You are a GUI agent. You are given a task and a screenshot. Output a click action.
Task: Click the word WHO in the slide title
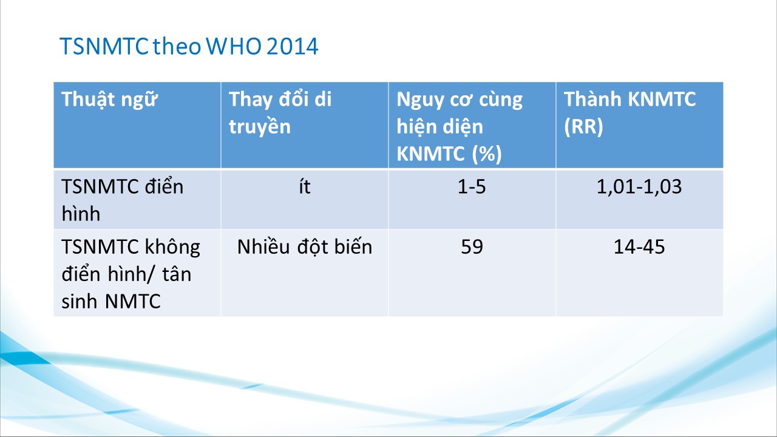tap(234, 46)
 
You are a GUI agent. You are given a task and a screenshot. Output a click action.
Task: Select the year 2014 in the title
tap(292, 46)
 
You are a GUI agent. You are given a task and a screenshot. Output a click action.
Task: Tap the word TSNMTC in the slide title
tap(104, 46)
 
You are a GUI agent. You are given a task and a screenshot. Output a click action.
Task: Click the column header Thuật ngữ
tap(110, 100)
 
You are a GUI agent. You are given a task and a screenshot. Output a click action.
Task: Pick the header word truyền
tap(259, 126)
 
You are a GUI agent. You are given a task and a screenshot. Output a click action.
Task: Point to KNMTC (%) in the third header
tap(449, 154)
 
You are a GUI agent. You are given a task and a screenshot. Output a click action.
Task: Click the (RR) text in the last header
tap(583, 126)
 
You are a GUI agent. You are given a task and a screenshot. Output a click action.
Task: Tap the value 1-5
tap(472, 186)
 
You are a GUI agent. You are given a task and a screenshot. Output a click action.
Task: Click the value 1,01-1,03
tap(639, 186)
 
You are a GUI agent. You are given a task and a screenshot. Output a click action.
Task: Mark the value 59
tap(472, 247)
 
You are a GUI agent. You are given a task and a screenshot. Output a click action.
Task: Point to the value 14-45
tap(639, 247)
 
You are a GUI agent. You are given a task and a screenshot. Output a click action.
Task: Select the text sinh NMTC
tap(111, 301)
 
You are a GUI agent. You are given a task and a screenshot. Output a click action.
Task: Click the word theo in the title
tap(177, 46)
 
